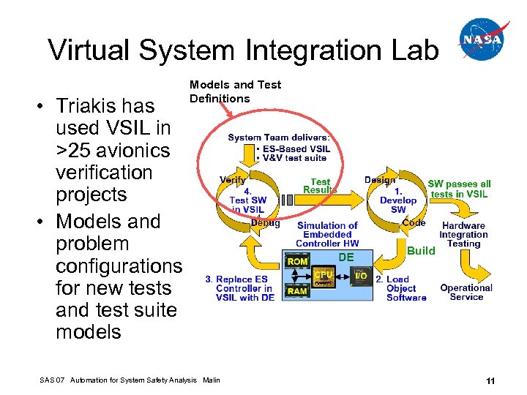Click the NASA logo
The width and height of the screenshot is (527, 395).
(484, 39)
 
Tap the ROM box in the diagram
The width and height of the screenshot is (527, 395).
(297, 261)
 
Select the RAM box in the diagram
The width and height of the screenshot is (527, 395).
(297, 290)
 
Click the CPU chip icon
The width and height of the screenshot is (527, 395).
(324, 276)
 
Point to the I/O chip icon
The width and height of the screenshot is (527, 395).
(361, 276)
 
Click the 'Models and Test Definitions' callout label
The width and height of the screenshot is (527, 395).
(234, 91)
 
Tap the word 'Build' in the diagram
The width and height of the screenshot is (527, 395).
(421, 250)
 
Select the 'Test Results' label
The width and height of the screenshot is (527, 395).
(320, 186)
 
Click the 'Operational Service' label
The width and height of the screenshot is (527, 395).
(466, 292)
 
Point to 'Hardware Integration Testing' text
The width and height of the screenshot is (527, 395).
(463, 235)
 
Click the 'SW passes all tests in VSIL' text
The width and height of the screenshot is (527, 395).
(460, 189)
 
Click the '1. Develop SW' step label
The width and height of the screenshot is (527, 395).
(398, 200)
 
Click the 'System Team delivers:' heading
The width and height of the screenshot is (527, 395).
(279, 137)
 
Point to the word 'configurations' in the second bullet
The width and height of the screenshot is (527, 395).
(119, 266)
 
